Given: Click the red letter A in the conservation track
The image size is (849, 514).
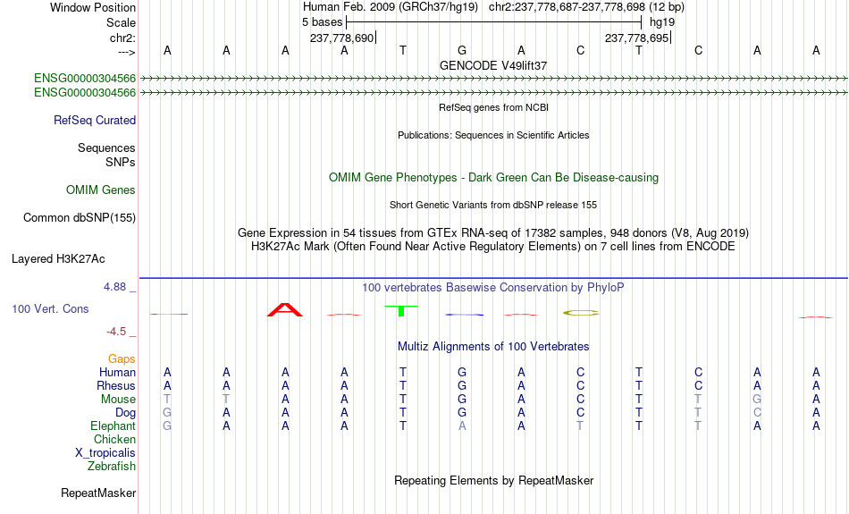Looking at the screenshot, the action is [x=285, y=310].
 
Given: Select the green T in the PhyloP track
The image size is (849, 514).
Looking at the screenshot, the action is [x=401, y=311].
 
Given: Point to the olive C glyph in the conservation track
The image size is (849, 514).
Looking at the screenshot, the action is [x=581, y=313].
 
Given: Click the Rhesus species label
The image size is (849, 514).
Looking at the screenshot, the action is [x=116, y=385].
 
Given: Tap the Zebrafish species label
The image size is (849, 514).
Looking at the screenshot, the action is [x=112, y=466].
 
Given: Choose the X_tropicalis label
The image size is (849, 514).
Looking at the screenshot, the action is [x=105, y=453].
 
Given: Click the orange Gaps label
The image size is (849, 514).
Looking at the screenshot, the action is [x=122, y=359].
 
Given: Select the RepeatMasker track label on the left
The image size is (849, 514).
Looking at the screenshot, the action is [x=98, y=493].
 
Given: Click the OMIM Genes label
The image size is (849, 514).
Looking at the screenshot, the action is [x=101, y=190].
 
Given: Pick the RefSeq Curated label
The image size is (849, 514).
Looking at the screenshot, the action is [x=94, y=121].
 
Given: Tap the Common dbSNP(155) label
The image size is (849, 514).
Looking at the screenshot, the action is [x=79, y=218].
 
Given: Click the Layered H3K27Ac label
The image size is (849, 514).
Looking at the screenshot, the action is [x=58, y=259].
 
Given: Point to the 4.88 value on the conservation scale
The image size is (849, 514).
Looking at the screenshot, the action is [x=114, y=287].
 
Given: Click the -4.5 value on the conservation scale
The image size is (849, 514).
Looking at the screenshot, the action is [x=116, y=332].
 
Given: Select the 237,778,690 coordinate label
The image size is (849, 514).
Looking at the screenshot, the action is [x=341, y=38].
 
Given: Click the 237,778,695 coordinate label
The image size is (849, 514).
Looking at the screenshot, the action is [x=636, y=38].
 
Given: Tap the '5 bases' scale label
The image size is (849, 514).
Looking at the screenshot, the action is [x=322, y=22].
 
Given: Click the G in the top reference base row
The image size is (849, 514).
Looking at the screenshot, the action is [x=462, y=50].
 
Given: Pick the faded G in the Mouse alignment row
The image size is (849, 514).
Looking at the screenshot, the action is [x=757, y=400].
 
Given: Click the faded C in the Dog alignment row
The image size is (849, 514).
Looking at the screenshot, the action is [x=757, y=413].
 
